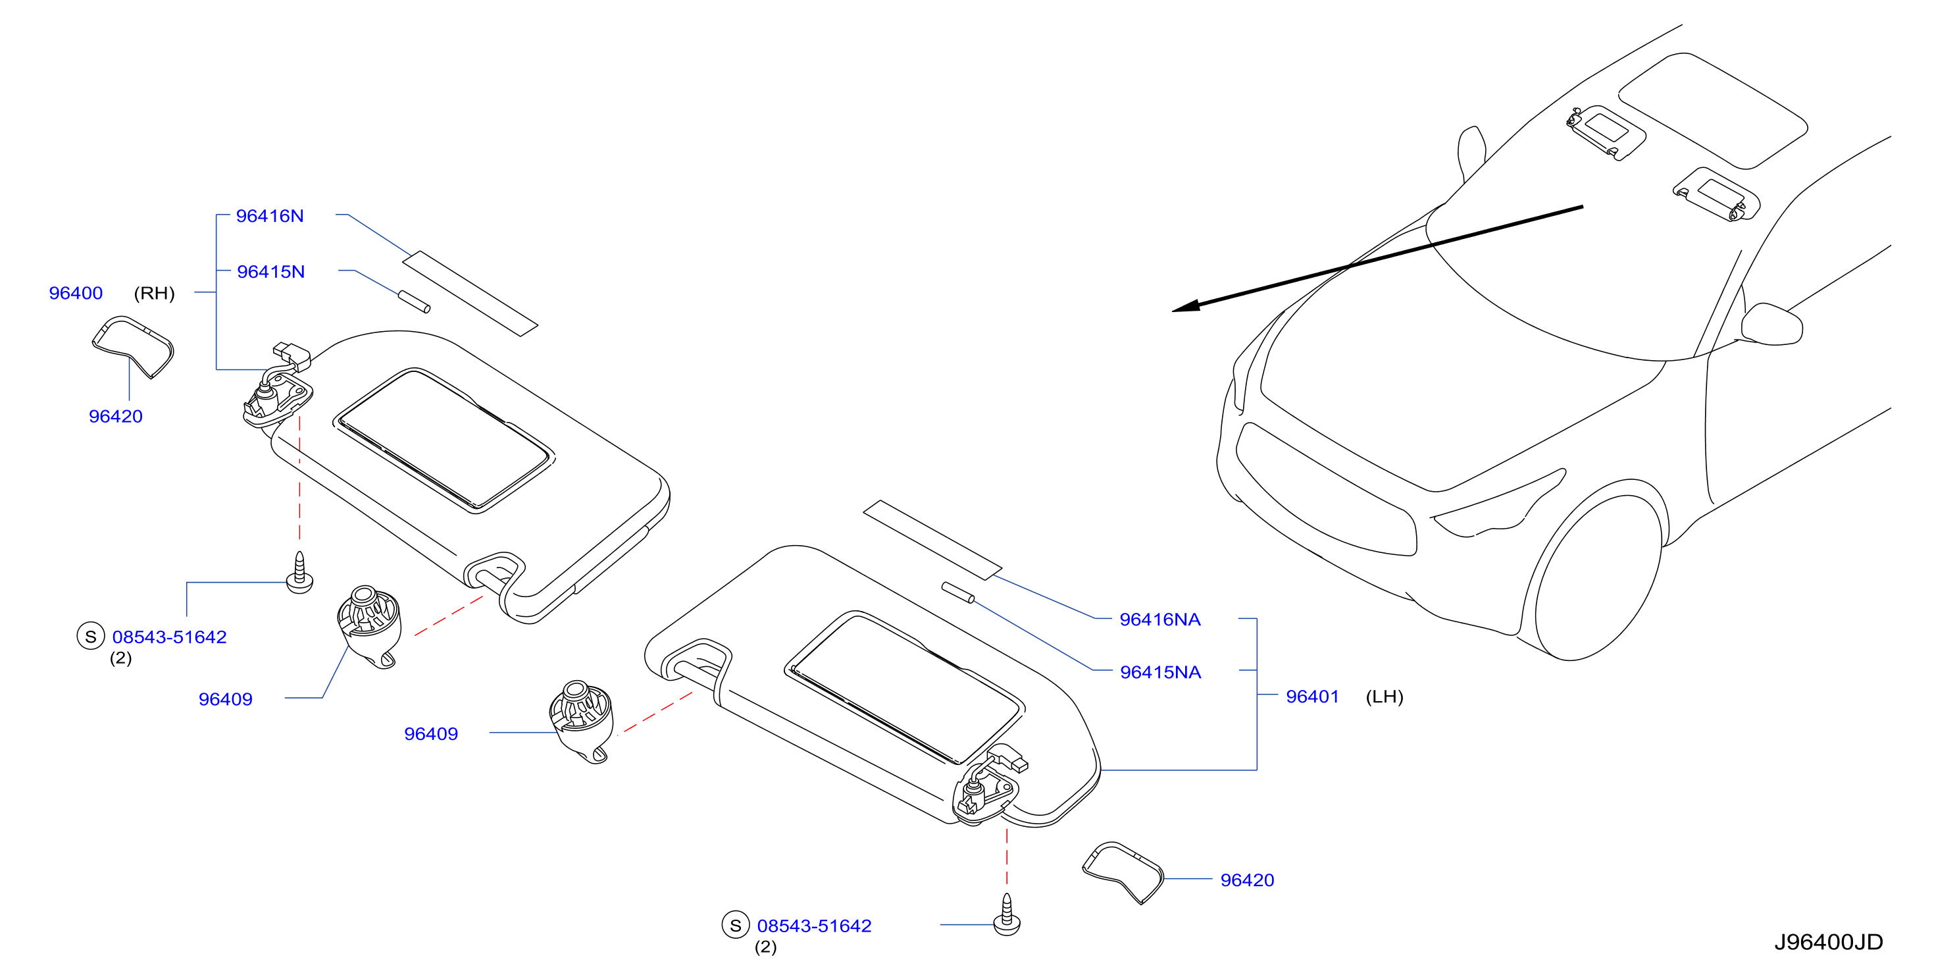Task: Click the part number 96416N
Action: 269,216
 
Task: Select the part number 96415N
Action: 270,272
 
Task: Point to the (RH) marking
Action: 155,294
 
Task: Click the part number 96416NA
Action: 1159,620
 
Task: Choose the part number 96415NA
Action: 1161,672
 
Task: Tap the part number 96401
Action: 1312,697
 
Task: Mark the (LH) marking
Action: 1384,697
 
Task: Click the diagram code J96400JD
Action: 1828,942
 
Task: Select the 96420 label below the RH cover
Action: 116,416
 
